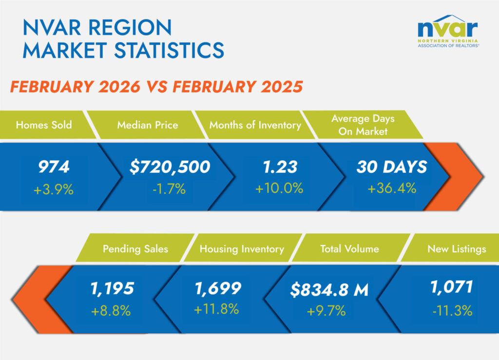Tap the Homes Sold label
[44, 125]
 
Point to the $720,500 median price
[170, 167]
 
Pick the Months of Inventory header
[255, 125]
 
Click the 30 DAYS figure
[392, 167]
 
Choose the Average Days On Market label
[363, 125]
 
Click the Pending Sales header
[135, 248]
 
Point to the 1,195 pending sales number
[112, 288]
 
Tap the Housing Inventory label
[242, 248]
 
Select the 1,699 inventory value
[217, 288]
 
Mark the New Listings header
[457, 248]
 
